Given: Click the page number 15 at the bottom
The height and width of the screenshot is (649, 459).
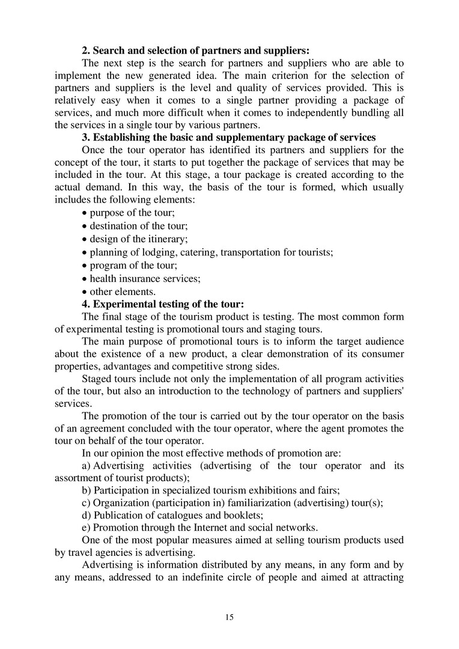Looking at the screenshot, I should click(229, 617).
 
